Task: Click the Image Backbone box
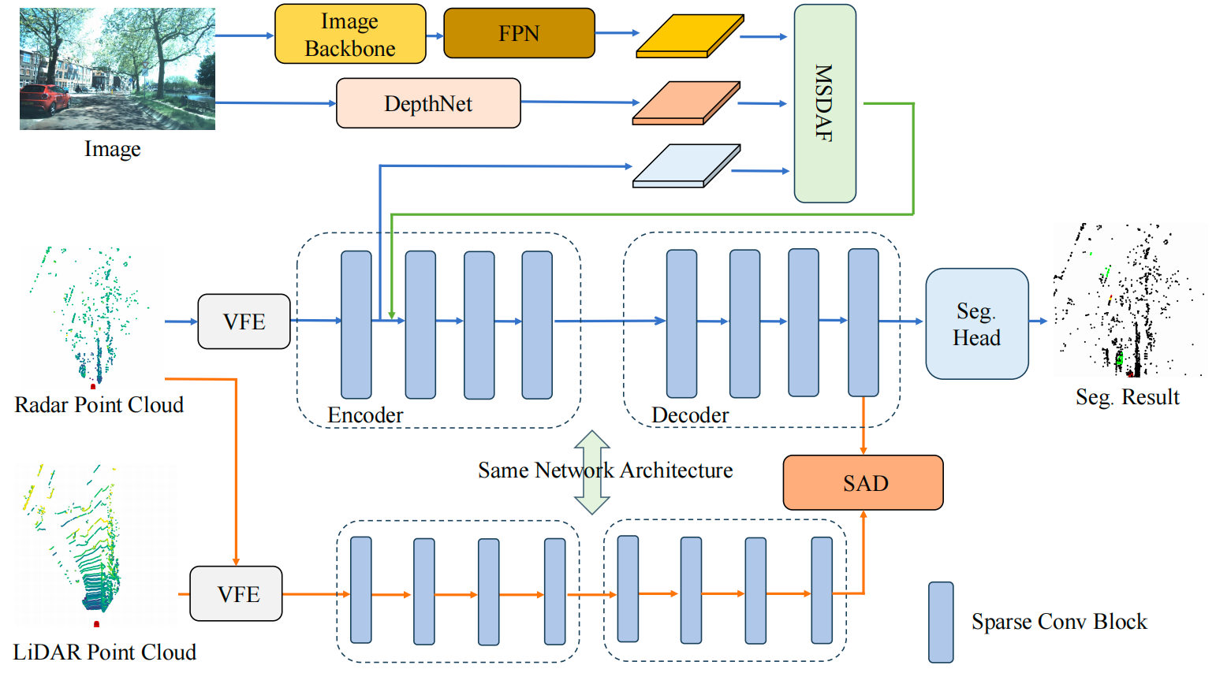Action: point(349,35)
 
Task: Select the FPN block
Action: point(519,34)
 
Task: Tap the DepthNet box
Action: point(428,103)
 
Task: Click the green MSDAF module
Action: point(825,103)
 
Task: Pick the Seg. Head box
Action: point(976,324)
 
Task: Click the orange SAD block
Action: point(863,482)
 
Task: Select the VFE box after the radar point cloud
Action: point(244,322)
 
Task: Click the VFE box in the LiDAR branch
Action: point(237,593)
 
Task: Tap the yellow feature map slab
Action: point(689,36)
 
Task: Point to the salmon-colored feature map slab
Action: point(686,103)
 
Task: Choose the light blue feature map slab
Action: point(686,166)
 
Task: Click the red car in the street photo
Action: point(44,99)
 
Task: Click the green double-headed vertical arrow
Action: point(591,472)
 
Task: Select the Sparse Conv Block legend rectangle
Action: point(941,622)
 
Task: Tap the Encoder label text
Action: point(365,414)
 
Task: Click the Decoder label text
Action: point(690,414)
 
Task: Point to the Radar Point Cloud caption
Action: point(99,405)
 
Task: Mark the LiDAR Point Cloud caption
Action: point(104,652)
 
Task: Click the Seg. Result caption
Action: point(1127,397)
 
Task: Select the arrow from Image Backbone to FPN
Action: point(435,35)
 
